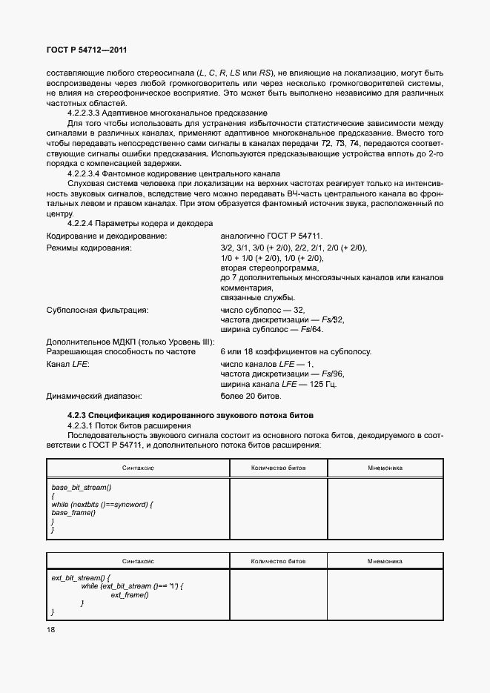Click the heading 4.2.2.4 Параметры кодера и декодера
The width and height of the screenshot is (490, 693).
point(140,223)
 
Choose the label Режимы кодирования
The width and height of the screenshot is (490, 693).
point(89,248)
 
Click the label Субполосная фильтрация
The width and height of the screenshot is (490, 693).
point(97,310)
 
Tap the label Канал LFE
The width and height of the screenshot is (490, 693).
point(69,364)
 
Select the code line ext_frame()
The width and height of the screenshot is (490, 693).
point(130,594)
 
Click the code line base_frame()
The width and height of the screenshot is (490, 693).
point(73,513)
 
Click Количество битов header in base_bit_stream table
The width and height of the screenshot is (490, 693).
point(278,468)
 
